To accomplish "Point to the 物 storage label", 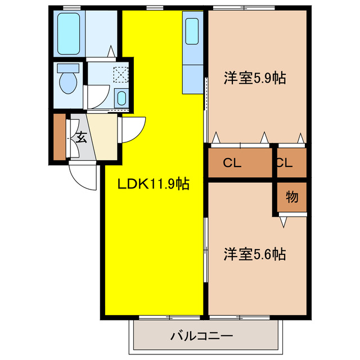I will [x=291, y=197].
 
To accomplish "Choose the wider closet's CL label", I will [x=232, y=164].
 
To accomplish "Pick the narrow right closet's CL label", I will [x=284, y=164].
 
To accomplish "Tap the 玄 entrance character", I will [x=82, y=137].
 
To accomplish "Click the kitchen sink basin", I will [x=192, y=31].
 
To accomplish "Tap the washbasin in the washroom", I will [x=121, y=98].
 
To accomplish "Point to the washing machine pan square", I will [x=121, y=75].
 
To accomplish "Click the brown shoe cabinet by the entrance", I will [x=59, y=137].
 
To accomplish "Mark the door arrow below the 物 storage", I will [x=283, y=222].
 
